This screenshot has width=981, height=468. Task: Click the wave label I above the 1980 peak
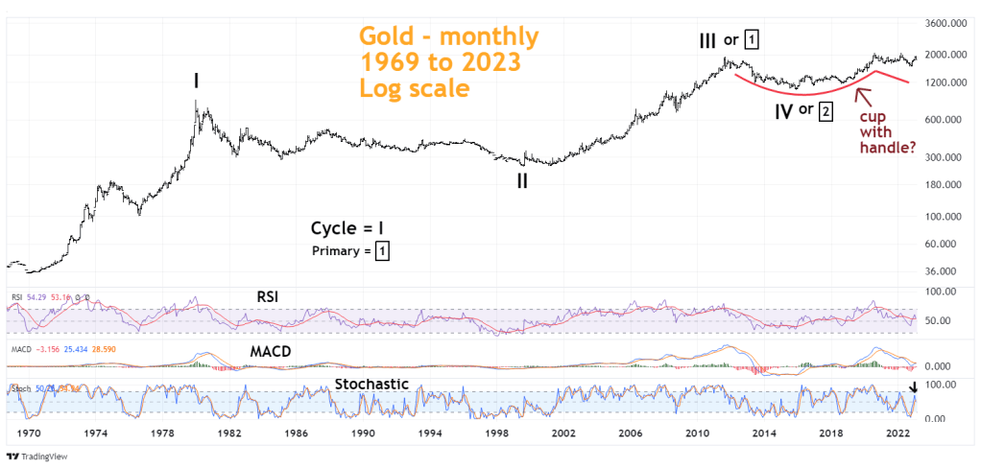196,82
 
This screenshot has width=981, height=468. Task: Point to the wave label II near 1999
522,180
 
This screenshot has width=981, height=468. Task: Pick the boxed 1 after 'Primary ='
382,251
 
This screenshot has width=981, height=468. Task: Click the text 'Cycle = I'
349,228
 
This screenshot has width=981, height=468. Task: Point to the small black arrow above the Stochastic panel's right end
914,387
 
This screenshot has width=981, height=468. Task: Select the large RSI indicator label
270,296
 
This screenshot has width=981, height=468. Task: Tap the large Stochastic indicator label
371,384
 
